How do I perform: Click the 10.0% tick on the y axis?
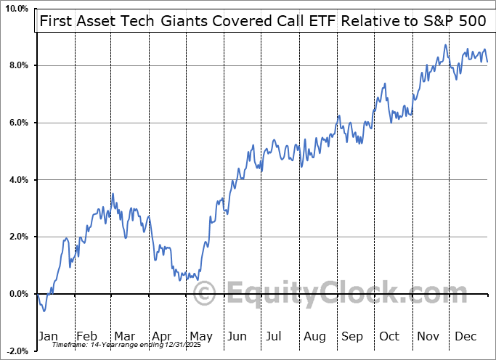click(15, 9)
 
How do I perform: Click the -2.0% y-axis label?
click(15, 351)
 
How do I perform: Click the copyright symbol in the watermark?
click(206, 294)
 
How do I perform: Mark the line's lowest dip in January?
click(44, 311)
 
